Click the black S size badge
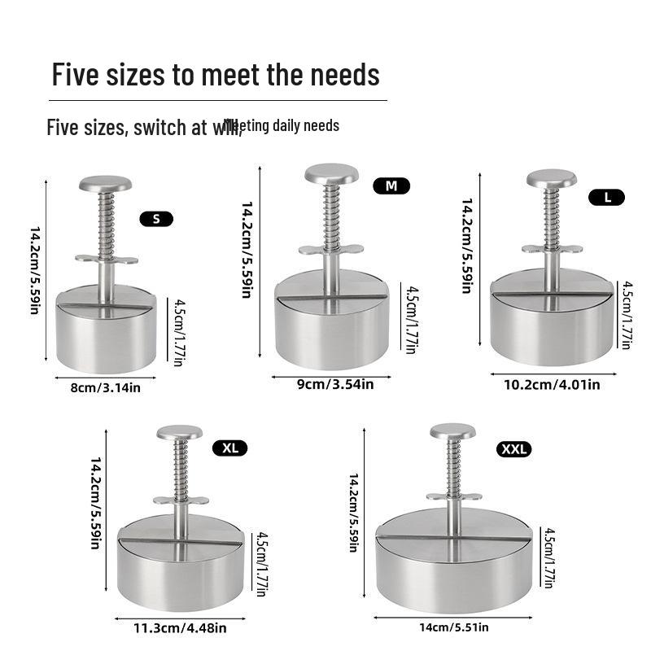156,218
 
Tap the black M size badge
391,186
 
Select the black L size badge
607,196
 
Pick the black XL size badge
229,447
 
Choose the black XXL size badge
513,448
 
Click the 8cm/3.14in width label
106,388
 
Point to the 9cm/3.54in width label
335,384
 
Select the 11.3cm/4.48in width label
181,627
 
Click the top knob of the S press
105,183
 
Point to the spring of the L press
551,215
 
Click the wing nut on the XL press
179,500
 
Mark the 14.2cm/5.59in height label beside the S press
36,273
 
